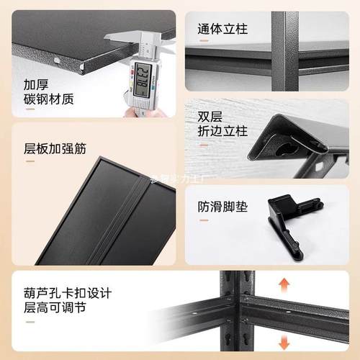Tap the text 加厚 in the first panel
pos(36,83)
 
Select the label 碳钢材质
pos(49,99)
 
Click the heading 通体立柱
pos(222,30)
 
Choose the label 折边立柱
pos(222,132)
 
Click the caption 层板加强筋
pos(55,150)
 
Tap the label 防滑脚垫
pos(222,207)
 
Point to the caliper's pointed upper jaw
pos(108,36)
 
